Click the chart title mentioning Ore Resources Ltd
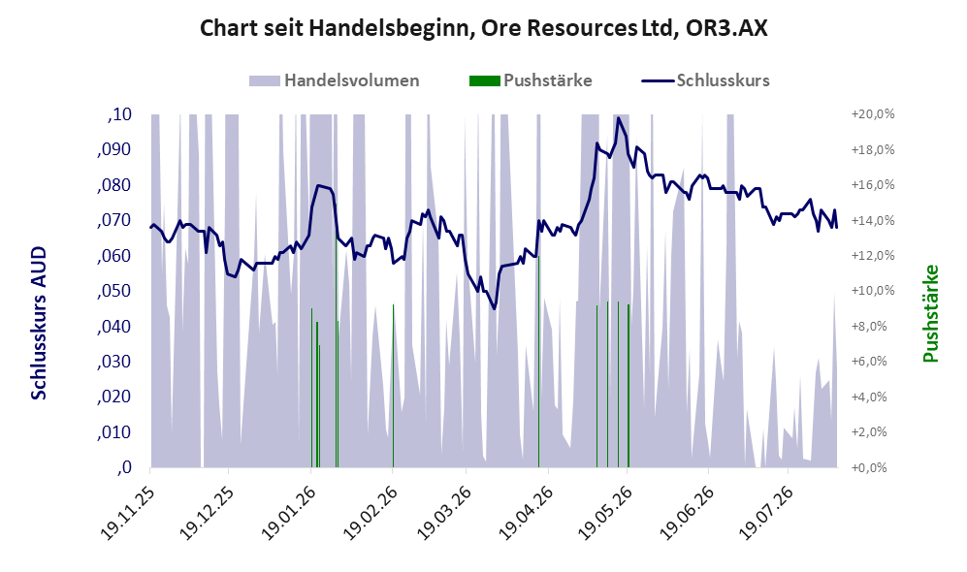[483, 28]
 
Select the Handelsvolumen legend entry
[335, 80]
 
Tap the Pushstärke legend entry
[531, 80]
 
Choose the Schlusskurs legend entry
[705, 80]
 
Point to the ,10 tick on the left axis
[119, 114]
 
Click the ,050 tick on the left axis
[114, 291]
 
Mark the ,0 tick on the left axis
[124, 467]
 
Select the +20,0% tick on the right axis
[873, 114]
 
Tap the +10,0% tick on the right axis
[873, 291]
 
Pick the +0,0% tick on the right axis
[876, 467]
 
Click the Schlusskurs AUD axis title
[38, 323]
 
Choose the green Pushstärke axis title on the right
[930, 314]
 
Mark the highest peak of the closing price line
[617, 117]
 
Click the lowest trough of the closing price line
[494, 309]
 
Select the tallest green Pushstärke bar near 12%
[538, 362]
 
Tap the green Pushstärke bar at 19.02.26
[393, 386]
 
